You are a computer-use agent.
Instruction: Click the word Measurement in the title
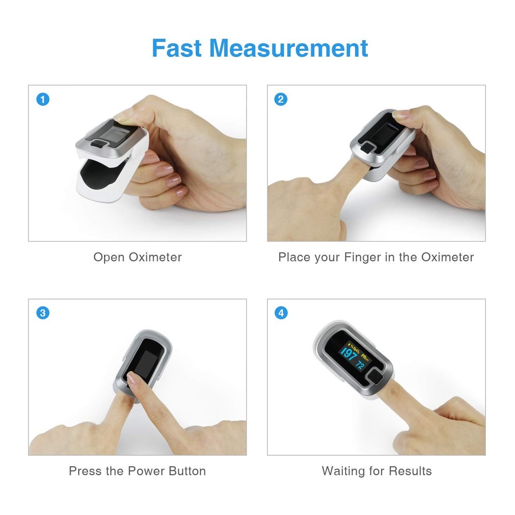click(288, 48)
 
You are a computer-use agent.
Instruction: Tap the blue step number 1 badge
click(43, 99)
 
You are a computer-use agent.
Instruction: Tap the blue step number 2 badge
click(281, 99)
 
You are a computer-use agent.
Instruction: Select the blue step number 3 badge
click(43, 313)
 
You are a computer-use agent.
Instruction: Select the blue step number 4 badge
click(281, 313)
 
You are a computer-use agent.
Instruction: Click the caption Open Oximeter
click(138, 257)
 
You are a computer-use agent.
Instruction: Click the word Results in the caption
click(410, 471)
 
